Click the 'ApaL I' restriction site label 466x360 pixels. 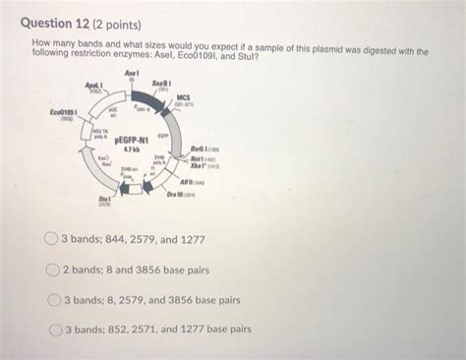[94, 88]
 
